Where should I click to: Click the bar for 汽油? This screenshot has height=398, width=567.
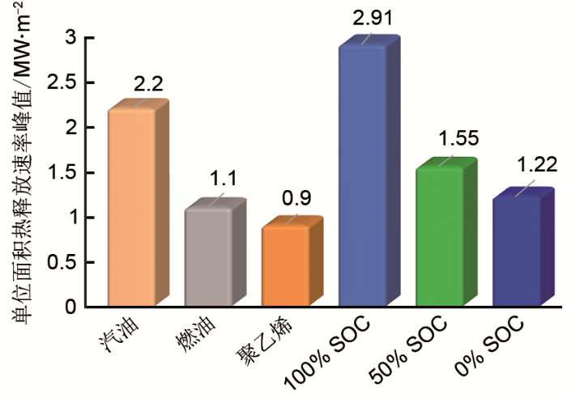tap(131, 208)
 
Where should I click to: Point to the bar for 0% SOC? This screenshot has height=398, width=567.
tap(517, 252)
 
